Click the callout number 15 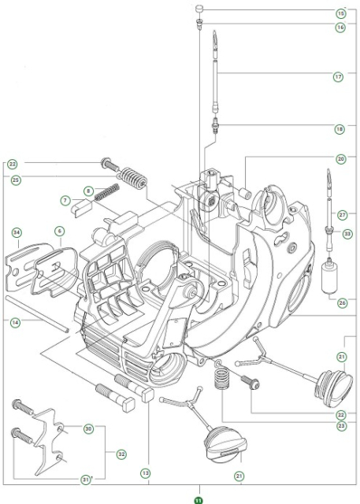click(340, 13)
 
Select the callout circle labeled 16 click(340, 27)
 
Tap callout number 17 click(340, 76)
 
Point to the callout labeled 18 click(340, 127)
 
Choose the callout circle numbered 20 click(340, 158)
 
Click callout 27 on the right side click(341, 214)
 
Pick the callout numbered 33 click(347, 233)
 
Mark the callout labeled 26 click(341, 302)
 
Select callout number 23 click(341, 426)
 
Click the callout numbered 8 click(88, 190)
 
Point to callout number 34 click(17, 232)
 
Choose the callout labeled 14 click(15, 321)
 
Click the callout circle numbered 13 click(145, 473)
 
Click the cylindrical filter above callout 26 click(329, 279)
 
